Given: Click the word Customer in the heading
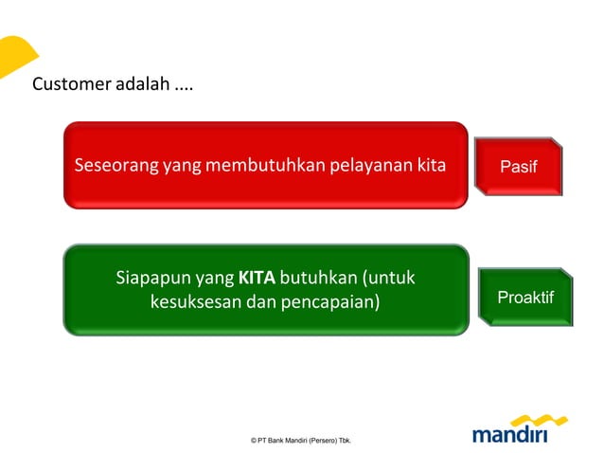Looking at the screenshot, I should point(71,84).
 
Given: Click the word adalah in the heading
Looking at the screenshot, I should point(142,84).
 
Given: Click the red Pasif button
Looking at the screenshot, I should point(518,167).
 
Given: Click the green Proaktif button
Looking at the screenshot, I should point(524,298).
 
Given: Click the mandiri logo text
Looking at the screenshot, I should point(510,434).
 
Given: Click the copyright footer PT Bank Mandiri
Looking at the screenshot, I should point(300,441).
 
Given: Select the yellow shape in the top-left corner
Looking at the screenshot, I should point(14,55).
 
